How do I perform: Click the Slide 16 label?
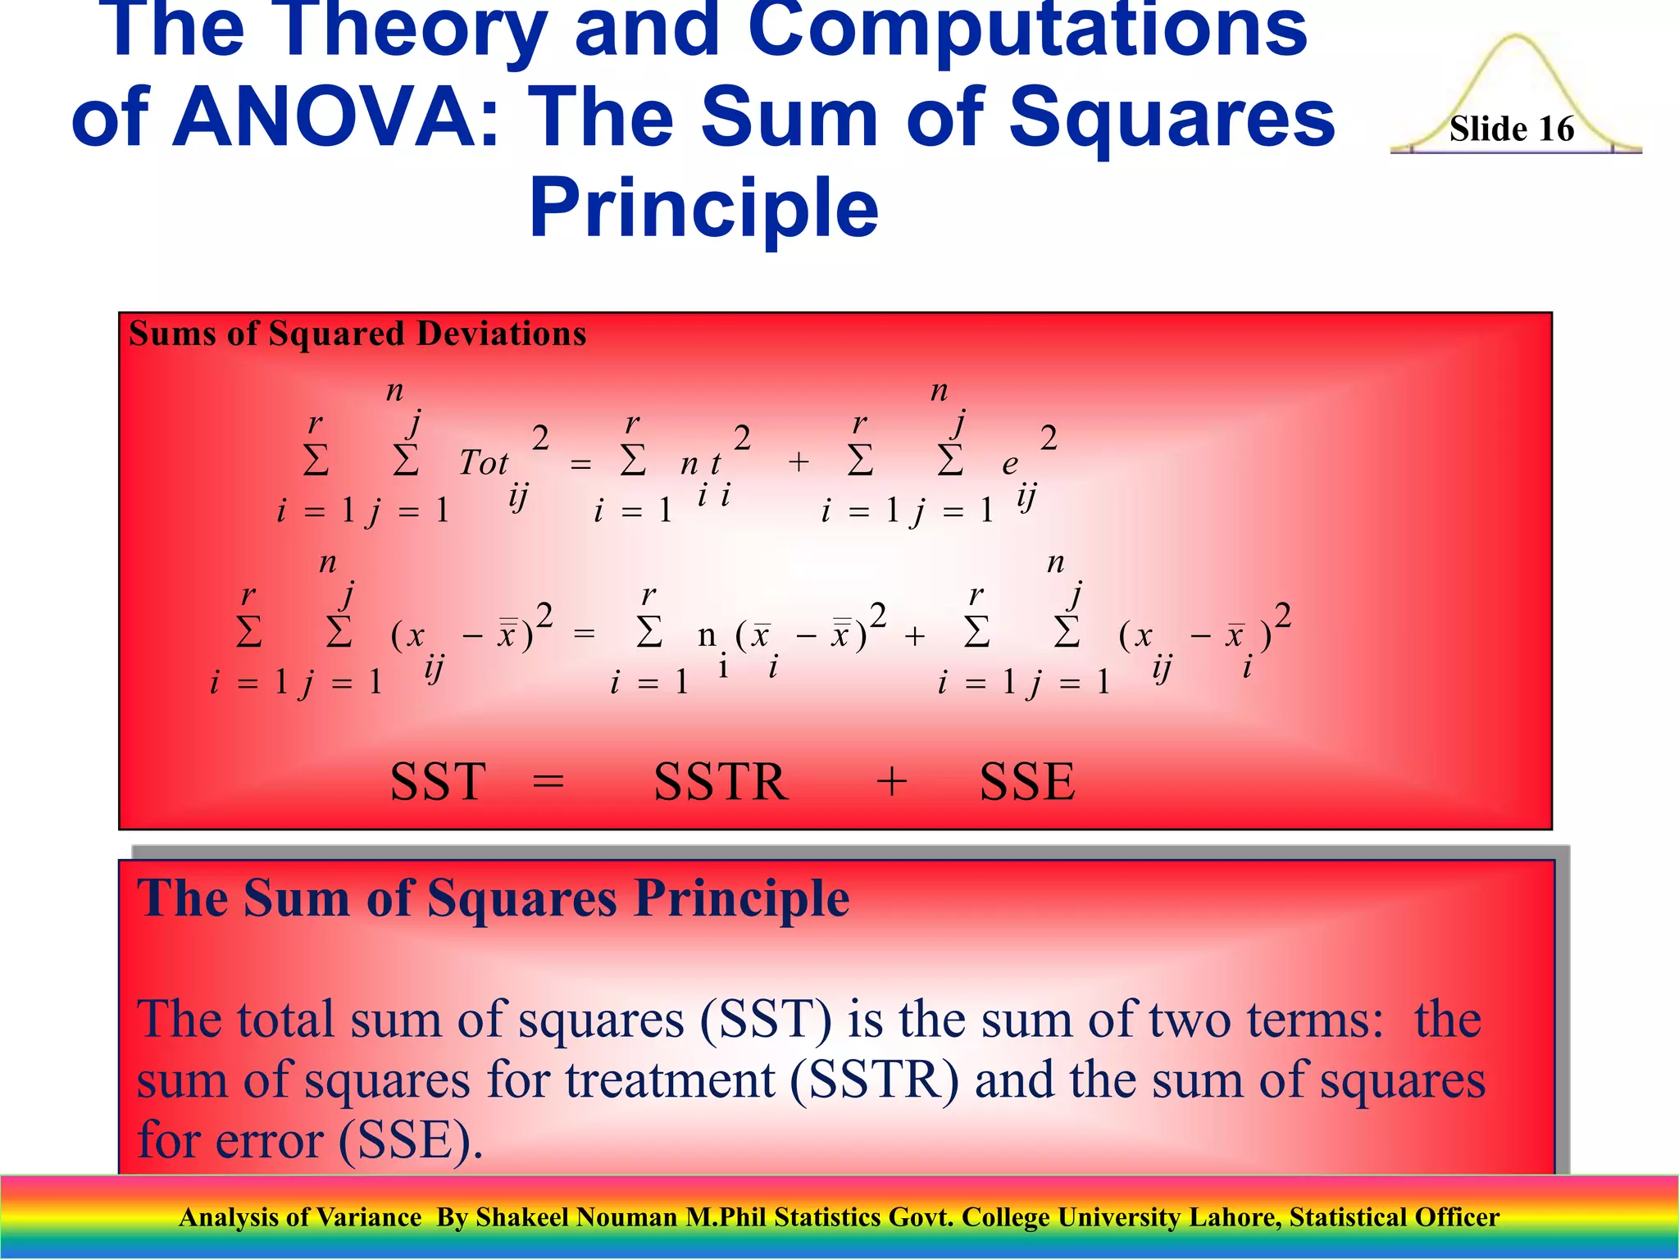pos(1511,130)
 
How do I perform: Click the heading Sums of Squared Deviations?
pos(357,334)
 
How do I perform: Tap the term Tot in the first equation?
pos(483,464)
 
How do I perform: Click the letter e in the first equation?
pos(1009,465)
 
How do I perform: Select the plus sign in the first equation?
pos(799,463)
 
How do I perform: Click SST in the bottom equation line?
pos(438,782)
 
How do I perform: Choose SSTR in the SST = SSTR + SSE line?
pos(721,782)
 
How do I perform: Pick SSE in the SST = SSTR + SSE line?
pos(1026,782)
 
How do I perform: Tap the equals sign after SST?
pos(548,782)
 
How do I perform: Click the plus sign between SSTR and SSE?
pos(891,782)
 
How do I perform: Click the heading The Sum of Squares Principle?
pos(493,899)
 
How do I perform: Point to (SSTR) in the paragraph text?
pos(874,1080)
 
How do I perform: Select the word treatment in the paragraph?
pos(670,1080)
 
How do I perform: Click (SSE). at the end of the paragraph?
pos(410,1141)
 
